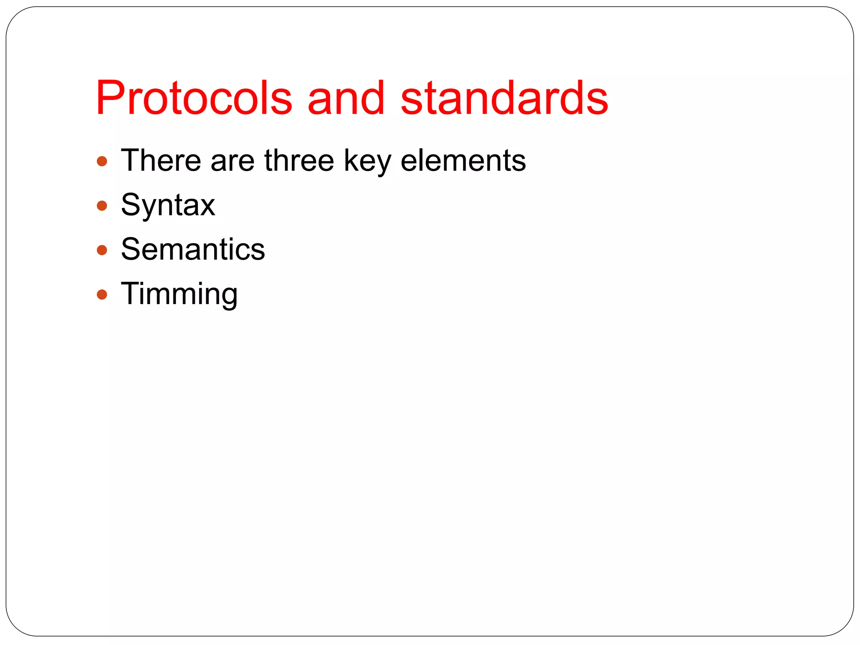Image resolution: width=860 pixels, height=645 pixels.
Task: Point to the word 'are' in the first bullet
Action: [233, 161]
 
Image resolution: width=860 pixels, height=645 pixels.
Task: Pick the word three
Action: [299, 160]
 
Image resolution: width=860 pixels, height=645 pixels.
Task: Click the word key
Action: [367, 161]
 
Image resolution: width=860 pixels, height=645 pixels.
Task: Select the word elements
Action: [463, 160]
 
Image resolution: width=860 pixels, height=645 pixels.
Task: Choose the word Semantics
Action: [193, 249]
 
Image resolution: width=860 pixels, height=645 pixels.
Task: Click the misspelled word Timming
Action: [179, 294]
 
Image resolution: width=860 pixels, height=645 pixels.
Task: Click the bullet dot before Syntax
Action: [102, 206]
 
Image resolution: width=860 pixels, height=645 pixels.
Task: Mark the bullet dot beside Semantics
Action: [102, 250]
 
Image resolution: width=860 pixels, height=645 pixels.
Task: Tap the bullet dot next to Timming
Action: [102, 294]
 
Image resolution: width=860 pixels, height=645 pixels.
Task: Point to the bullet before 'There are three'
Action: [102, 161]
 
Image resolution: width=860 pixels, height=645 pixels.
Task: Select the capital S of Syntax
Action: [130, 205]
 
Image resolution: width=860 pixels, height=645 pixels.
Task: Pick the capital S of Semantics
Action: [130, 249]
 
